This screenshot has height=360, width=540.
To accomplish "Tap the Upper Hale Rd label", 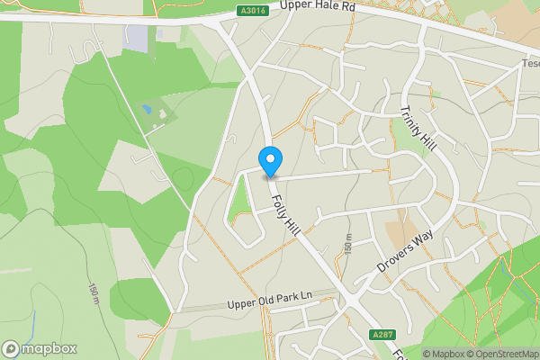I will [x=319, y=7].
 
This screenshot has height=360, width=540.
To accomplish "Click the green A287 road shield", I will [x=382, y=334].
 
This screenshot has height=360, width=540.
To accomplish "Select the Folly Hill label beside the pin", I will [x=286, y=216].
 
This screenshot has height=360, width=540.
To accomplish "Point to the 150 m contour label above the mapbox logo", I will [x=94, y=292].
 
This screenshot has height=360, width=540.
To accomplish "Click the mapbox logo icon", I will [x=12, y=348].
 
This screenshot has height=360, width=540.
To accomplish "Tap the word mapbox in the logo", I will [x=49, y=348].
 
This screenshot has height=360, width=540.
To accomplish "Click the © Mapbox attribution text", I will [x=444, y=354].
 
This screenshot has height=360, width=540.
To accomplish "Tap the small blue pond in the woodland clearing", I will [x=147, y=110].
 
